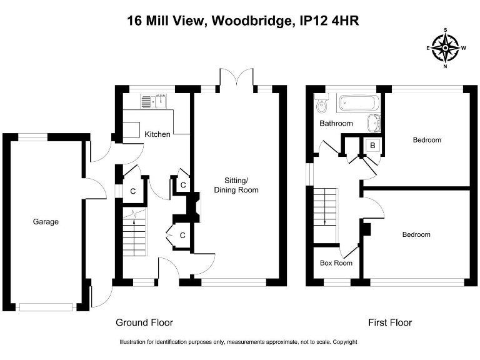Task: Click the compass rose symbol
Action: point(446,47)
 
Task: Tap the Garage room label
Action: point(46,221)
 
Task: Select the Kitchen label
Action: point(157,134)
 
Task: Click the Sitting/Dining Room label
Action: point(236,185)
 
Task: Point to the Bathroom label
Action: point(336,123)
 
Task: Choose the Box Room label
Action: point(336,263)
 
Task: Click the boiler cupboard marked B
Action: point(372,146)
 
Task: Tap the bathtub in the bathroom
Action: point(358,102)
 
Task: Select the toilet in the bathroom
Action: point(321,104)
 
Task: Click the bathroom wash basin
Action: point(374,123)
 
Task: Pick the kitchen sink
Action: point(152,100)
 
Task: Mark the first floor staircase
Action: point(326,206)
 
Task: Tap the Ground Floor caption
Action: point(144,322)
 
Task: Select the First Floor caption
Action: point(390,322)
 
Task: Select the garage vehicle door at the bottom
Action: point(45,306)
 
